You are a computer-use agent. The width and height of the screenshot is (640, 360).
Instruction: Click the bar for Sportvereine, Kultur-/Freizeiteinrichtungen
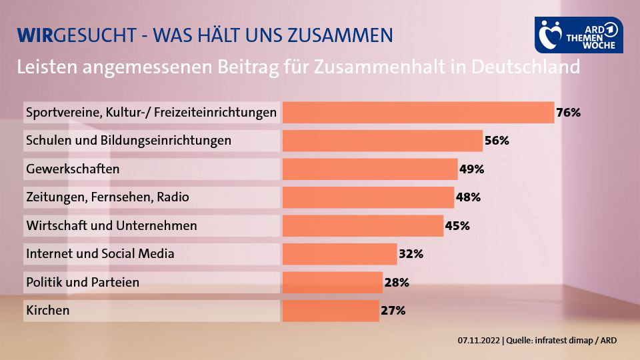418,113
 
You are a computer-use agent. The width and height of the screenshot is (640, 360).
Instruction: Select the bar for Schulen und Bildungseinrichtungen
382,141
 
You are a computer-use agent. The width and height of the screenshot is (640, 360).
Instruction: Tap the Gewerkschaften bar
370,169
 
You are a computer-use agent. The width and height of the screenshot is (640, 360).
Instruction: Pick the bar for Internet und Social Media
339,254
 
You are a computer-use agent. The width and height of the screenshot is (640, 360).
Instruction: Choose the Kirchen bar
331,311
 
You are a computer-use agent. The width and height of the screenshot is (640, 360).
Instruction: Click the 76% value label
569,113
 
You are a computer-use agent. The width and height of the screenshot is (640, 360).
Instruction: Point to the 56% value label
497,141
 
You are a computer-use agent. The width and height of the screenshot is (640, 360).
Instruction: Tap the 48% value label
468,197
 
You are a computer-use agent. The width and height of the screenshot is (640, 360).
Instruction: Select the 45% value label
457,226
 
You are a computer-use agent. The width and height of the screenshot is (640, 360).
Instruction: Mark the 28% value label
397,283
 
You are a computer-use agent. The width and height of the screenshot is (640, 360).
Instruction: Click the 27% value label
393,311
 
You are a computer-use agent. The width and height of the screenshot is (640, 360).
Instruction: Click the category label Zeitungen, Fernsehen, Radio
107,197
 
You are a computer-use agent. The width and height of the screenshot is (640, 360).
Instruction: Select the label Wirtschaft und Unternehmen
111,226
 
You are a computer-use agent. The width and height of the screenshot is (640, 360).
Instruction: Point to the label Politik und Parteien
83,283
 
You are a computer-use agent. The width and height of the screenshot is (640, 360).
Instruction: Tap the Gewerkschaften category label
73,169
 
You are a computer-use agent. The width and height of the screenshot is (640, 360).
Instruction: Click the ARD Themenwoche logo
579,35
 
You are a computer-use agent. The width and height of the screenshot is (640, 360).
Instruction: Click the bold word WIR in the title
34,35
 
